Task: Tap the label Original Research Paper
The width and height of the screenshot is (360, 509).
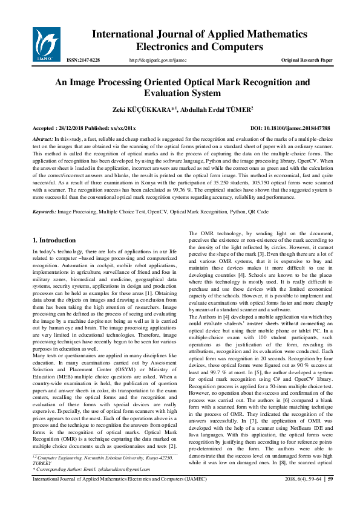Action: [x=307, y=60]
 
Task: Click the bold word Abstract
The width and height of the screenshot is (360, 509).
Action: [x=42, y=139]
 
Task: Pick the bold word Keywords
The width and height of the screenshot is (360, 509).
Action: [x=44, y=212]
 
